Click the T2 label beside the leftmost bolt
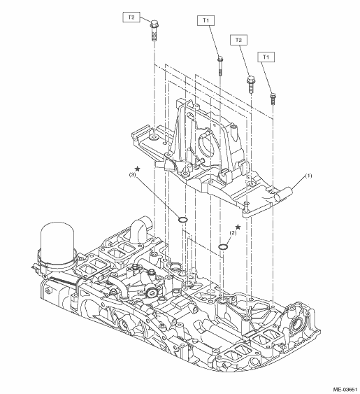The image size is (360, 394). point(131,17)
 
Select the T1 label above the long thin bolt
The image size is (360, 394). point(206,20)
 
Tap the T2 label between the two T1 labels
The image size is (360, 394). point(238,40)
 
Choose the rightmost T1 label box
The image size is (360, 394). point(266,57)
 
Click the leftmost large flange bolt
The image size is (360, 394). point(154,31)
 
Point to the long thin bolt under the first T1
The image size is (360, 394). point(220,66)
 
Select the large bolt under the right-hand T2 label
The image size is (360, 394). point(251,85)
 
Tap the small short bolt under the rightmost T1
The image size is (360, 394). point(273,99)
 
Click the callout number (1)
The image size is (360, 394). point(308,176)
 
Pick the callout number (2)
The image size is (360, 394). point(233,233)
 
